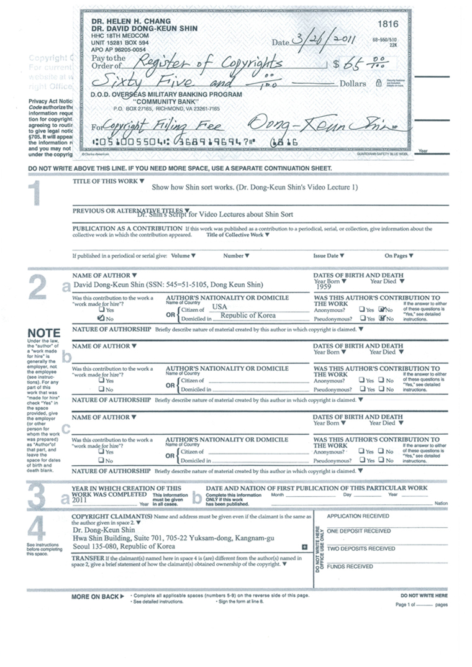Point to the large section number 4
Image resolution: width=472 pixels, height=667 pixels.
[x=38, y=529]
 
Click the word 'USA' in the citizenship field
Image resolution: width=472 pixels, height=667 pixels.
[x=220, y=307]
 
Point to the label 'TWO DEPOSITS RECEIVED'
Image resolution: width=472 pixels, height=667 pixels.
[x=361, y=548]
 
